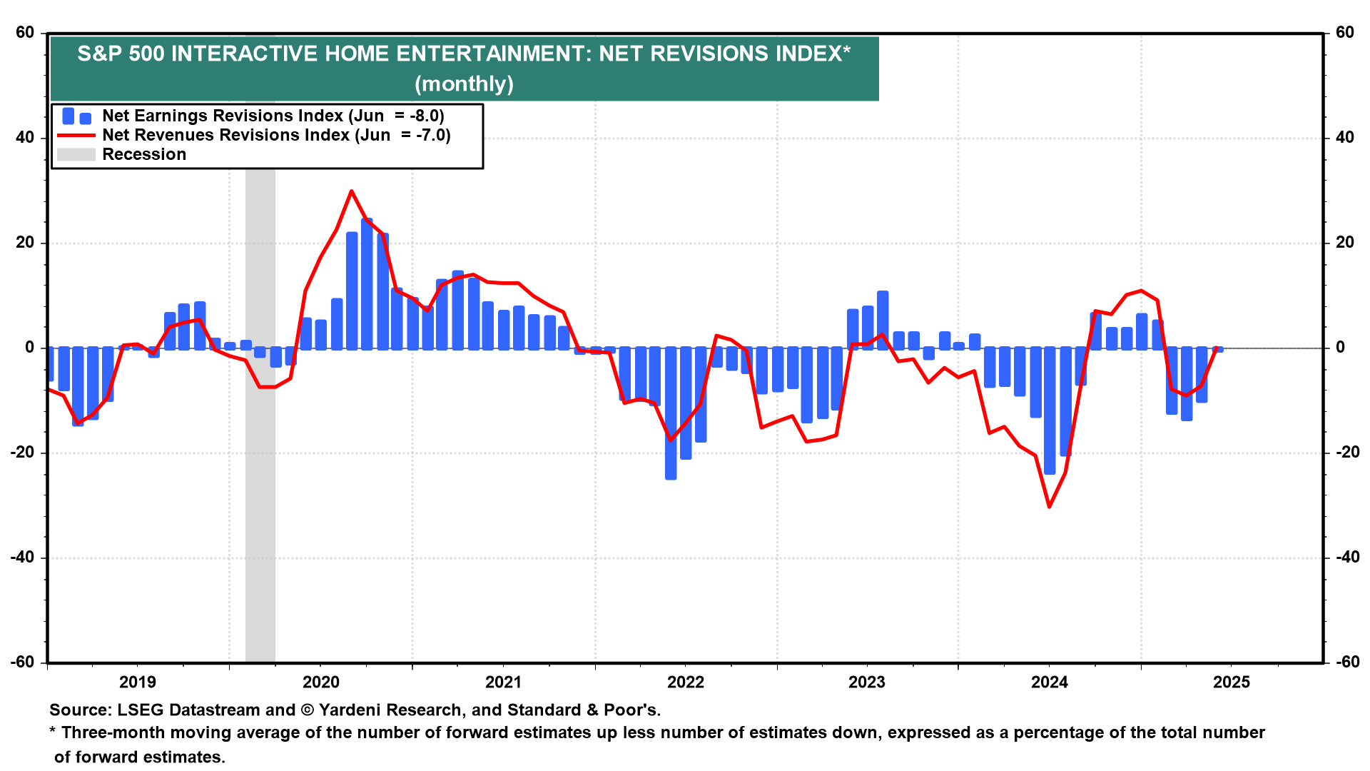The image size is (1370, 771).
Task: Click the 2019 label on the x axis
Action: (138, 682)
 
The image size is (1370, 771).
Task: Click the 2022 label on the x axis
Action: (686, 682)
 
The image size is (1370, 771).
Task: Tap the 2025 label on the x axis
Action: (1232, 682)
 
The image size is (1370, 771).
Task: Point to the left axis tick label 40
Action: (25, 138)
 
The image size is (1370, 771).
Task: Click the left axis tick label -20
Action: (23, 453)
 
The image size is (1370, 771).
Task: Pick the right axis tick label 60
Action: (1344, 33)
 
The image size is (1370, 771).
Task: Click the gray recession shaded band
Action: (260, 428)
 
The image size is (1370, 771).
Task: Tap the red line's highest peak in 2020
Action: (351, 191)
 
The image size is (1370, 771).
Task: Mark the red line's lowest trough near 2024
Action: (1049, 507)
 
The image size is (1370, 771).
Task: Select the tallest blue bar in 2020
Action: (367, 286)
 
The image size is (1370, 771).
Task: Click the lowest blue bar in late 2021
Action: (671, 414)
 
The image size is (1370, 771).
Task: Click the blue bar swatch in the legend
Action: (76, 116)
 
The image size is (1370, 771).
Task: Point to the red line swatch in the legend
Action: (76, 136)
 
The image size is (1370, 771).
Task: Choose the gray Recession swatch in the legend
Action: (76, 155)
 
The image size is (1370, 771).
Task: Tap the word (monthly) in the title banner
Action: (464, 84)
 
